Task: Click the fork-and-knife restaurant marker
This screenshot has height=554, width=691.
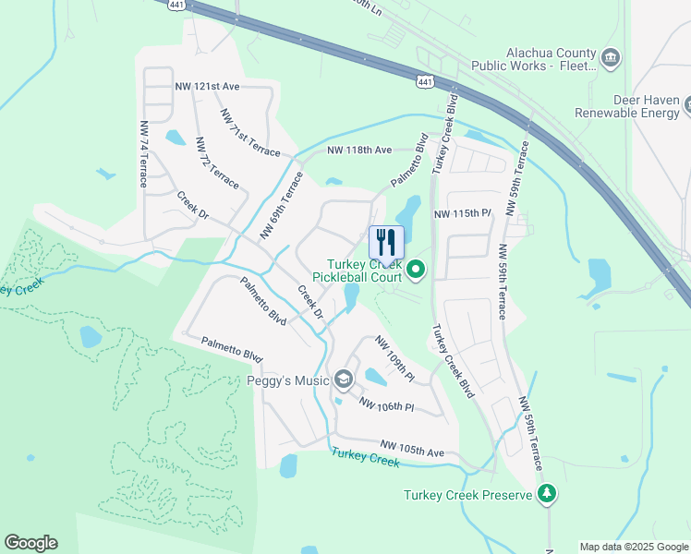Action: click(x=386, y=243)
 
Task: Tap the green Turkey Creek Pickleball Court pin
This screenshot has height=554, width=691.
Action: click(x=416, y=270)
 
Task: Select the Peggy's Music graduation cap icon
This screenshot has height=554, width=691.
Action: click(x=344, y=379)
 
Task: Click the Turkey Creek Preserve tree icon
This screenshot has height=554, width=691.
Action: click(x=548, y=495)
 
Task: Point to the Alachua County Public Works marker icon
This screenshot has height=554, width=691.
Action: click(x=610, y=59)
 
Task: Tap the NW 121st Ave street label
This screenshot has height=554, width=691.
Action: click(x=207, y=86)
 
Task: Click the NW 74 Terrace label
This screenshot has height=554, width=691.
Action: click(x=144, y=153)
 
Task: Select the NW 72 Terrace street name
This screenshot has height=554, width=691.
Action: click(x=217, y=163)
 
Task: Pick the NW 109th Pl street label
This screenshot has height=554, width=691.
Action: click(x=394, y=358)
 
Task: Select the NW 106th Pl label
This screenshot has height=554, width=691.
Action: click(x=386, y=404)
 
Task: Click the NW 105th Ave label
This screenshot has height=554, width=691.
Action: click(x=412, y=452)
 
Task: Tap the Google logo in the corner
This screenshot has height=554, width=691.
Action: click(x=30, y=543)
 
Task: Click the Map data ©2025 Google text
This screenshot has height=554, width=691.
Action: click(x=634, y=547)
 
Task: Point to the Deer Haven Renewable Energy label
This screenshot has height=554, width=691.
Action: click(x=626, y=106)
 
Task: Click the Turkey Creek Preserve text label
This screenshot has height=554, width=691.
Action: click(x=468, y=495)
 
